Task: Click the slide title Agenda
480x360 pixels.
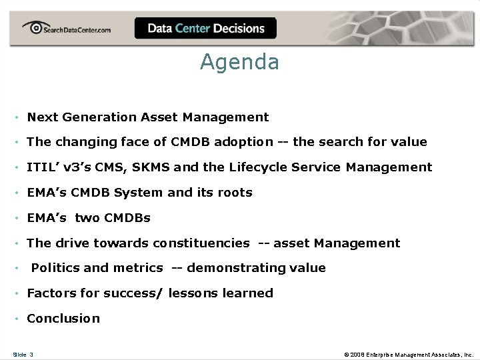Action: point(239,62)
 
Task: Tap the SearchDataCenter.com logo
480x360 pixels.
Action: point(67,29)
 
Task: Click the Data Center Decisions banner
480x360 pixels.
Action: point(205,29)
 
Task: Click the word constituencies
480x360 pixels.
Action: point(201,243)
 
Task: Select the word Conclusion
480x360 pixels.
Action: point(63,319)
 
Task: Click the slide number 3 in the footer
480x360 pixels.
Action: point(31,354)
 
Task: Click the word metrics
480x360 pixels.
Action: point(138,268)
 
